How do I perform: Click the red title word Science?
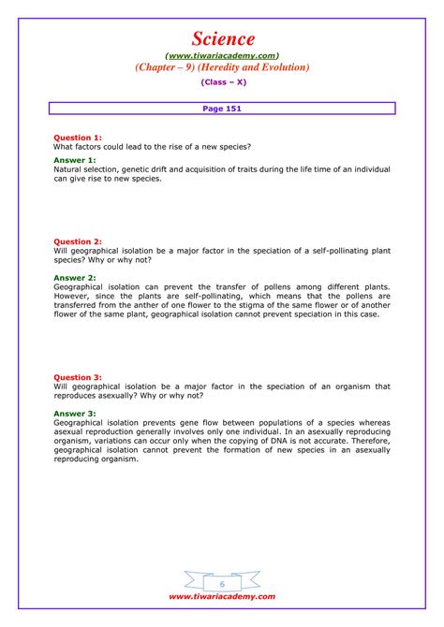[x=222, y=38]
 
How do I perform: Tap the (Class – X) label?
[x=222, y=83]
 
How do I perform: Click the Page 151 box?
[x=222, y=109]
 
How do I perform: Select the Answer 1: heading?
[x=74, y=161]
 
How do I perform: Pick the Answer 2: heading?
[x=74, y=278]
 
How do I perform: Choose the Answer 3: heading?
[x=74, y=413]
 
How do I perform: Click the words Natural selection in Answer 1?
[x=84, y=169]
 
